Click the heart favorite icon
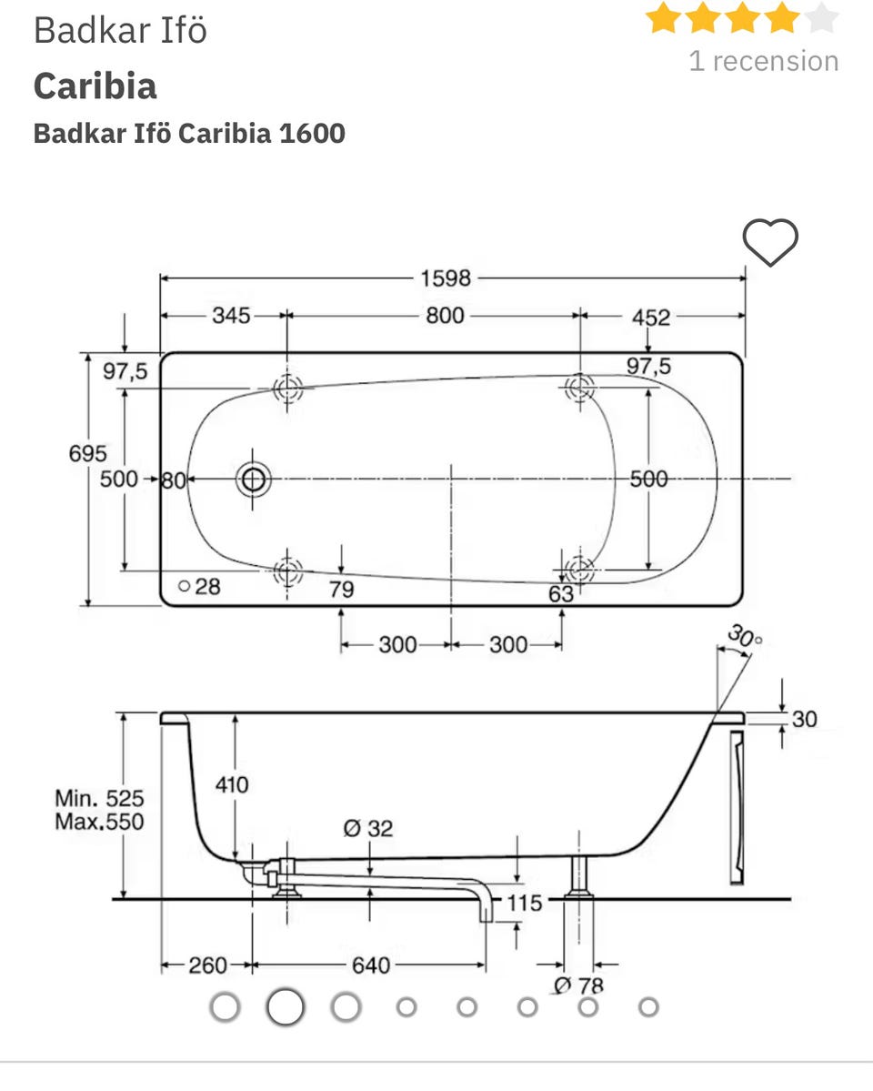pos(770,242)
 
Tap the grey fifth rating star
pos(821,17)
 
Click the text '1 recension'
pos(763,61)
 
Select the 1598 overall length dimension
pos(446,278)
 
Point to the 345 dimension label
pos(231,315)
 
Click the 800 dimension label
pos(446,315)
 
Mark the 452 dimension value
pos(651,318)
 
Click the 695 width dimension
pos(87,454)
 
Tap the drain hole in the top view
pos(253,479)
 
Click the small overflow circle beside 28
pos(185,586)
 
